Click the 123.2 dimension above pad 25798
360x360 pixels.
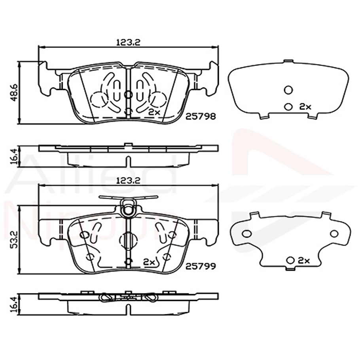pyautogui.click(x=128, y=42)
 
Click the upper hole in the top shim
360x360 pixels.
pyautogui.click(x=288, y=90)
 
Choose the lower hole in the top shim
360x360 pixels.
pyautogui.click(x=288, y=106)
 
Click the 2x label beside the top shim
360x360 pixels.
pyautogui.click(x=305, y=106)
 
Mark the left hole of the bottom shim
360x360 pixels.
pyautogui.click(x=246, y=233)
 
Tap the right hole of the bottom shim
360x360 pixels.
pyautogui.click(x=334, y=233)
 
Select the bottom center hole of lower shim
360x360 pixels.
pyautogui.click(x=291, y=260)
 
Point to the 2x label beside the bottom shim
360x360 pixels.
pyautogui.click(x=303, y=260)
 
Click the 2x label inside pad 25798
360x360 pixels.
pyautogui.click(x=153, y=112)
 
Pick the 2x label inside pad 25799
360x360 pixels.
pyautogui.click(x=149, y=262)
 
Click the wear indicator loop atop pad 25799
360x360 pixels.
pyautogui.click(x=128, y=208)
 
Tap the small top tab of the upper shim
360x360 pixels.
pyautogui.click(x=288, y=61)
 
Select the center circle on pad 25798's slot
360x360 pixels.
pyautogui.click(x=128, y=94)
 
